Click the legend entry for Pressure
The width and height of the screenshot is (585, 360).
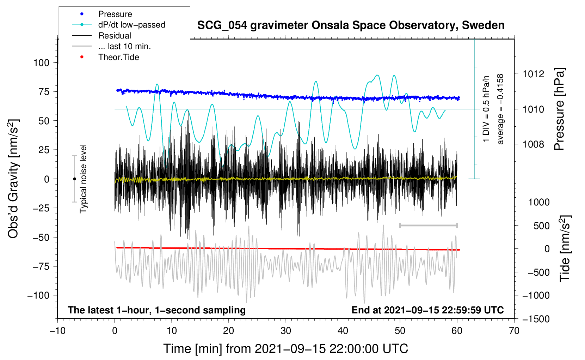click(115, 14)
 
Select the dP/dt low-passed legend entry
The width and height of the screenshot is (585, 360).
click(131, 25)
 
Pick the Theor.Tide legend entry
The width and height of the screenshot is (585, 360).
click(118, 57)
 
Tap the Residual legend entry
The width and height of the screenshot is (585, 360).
click(115, 36)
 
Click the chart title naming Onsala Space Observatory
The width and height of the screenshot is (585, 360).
click(351, 25)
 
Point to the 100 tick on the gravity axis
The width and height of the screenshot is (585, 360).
click(41, 63)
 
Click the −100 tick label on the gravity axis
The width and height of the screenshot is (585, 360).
click(38, 295)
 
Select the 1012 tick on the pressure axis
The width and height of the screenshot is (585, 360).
click(533, 74)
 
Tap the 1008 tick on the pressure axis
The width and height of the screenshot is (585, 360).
click(533, 144)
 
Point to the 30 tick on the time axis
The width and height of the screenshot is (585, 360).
click(286, 331)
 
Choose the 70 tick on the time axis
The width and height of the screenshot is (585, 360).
click(514, 331)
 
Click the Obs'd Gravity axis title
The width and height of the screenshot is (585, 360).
click(13, 179)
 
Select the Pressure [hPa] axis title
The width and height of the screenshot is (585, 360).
click(560, 109)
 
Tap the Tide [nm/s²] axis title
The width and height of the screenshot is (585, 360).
click(565, 248)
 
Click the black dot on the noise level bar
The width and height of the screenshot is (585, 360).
click(74, 179)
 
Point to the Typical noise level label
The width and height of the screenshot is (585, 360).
click(83, 179)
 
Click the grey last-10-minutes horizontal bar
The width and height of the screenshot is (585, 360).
click(428, 225)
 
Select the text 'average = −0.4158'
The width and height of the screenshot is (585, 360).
click(500, 109)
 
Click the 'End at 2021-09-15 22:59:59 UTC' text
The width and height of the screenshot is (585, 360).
click(427, 310)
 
